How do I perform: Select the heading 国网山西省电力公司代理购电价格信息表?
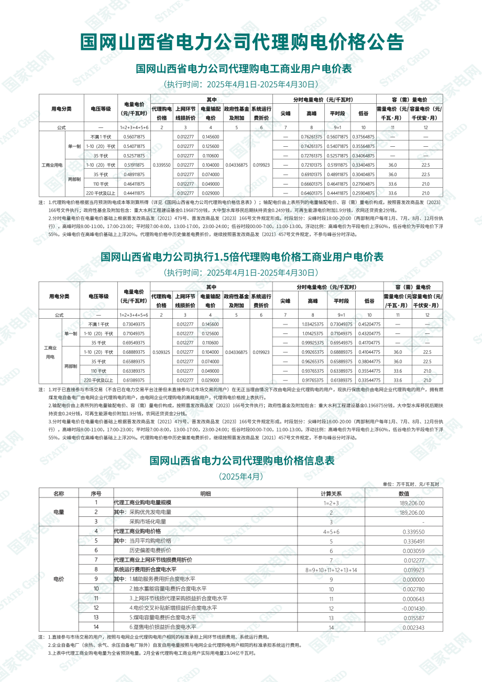tap(242, 461)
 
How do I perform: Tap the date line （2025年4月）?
tap(242, 477)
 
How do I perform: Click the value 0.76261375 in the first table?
tap(312, 137)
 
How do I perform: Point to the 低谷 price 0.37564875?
tap(363, 137)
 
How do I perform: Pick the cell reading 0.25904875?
tap(363, 193)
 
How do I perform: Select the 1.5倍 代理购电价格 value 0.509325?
tap(161, 352)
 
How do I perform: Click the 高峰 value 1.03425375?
tap(313, 324)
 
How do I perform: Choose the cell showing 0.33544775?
tap(369, 380)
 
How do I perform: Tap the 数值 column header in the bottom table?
tap(404, 493)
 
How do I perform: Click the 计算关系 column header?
tap(331, 493)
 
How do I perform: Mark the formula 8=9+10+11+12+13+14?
tap(331, 569)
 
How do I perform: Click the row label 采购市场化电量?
tap(148, 522)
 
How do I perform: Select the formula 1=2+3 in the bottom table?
tap(331, 503)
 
